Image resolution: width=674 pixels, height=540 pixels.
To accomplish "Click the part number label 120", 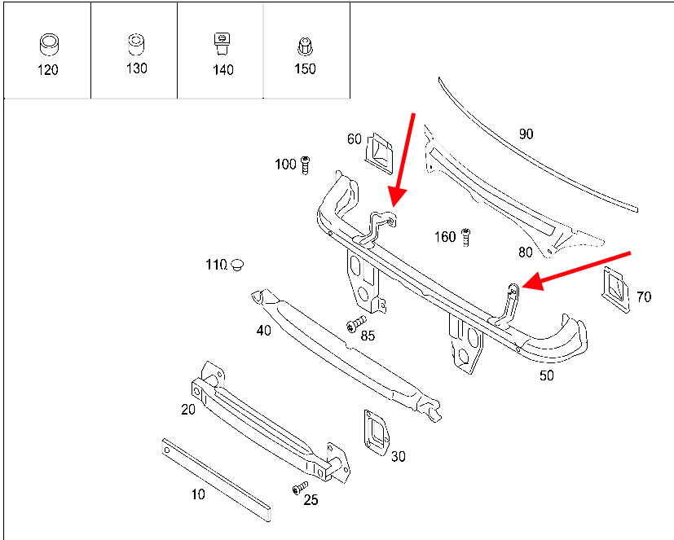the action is coord(48,69).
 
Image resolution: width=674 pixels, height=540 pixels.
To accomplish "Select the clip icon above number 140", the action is coord(222,44).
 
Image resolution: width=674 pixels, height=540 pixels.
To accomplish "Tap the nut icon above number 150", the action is coord(305,46).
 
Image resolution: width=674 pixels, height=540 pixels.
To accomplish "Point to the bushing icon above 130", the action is coord(136,44).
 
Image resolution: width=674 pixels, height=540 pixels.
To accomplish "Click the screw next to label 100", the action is coord(305,165).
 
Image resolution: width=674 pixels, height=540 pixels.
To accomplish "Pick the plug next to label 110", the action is coord(237,264).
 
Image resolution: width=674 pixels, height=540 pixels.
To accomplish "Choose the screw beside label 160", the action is coord(466,237).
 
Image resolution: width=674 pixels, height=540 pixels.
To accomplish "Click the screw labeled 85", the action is coord(355,323).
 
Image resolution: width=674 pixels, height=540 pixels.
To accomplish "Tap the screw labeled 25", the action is coord(300,488).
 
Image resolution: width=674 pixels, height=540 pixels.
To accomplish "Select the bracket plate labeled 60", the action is coord(379,153).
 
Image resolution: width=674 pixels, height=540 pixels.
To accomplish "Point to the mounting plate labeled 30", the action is coord(376,432).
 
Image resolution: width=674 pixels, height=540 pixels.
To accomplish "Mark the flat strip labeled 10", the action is coord(216,479).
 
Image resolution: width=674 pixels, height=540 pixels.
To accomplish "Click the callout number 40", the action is coord(264,331).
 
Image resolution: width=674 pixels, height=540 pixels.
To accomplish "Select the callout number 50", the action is coord(547,375).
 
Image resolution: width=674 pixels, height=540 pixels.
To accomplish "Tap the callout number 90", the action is coord(526,134).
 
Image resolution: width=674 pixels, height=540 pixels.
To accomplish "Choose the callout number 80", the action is coord(526,252).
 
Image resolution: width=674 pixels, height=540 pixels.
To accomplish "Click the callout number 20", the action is coord(188,410).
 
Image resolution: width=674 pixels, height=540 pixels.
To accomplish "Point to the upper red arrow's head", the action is coord(397,197).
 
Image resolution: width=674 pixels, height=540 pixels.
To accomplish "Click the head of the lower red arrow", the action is coord(532,283).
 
